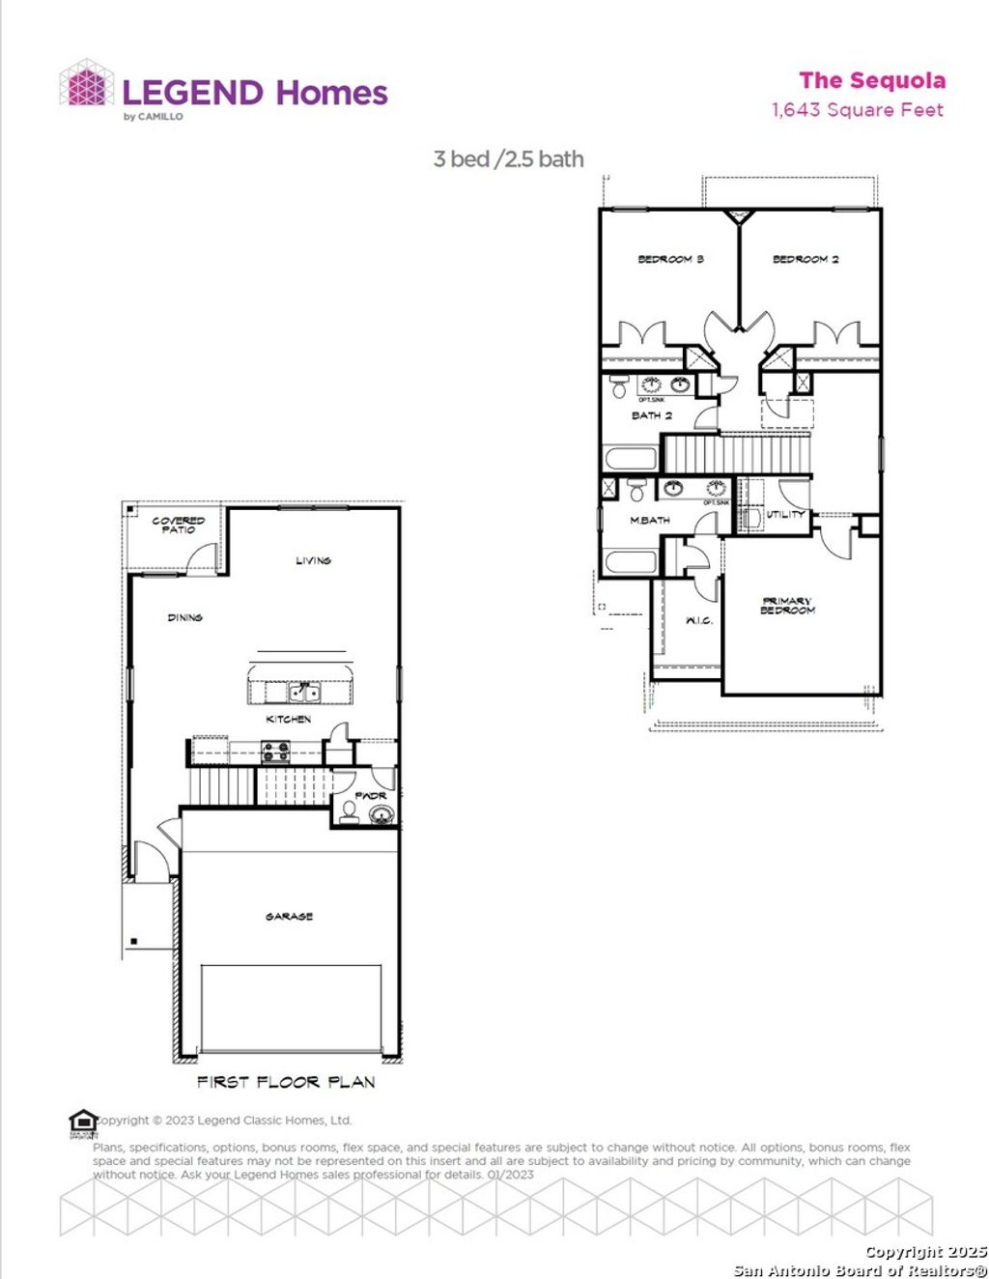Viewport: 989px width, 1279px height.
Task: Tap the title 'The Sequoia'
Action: (872, 81)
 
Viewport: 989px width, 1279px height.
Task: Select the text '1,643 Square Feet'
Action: (857, 110)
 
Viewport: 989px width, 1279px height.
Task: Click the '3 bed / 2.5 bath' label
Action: (508, 159)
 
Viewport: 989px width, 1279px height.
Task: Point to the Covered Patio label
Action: (179, 526)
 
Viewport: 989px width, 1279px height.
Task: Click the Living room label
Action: (313, 560)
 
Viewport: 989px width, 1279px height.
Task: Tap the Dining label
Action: (184, 617)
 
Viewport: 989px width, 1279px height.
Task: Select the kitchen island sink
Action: (304, 692)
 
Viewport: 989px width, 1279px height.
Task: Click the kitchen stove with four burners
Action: (276, 751)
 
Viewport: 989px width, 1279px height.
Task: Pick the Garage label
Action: (289, 916)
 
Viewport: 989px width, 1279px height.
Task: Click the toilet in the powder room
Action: (349, 810)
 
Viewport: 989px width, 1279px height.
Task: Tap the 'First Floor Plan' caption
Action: (286, 1082)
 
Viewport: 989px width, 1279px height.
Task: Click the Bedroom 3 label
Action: (670, 259)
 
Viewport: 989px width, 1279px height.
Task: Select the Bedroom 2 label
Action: (805, 259)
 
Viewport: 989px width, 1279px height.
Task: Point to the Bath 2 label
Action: (652, 415)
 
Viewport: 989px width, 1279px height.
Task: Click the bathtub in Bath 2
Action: (631, 457)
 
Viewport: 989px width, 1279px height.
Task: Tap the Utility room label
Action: (785, 514)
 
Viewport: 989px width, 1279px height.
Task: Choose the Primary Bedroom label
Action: (788, 606)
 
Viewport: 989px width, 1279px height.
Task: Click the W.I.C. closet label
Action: (699, 620)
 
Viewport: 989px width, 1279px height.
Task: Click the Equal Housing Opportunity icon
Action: (83, 1123)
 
